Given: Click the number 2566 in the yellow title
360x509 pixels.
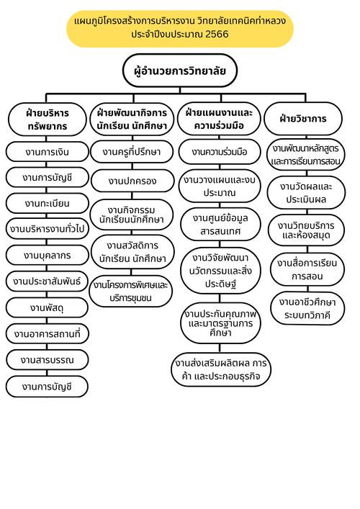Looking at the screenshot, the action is [x=217, y=34].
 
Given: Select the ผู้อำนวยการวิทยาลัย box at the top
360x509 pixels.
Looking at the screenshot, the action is [x=180, y=71].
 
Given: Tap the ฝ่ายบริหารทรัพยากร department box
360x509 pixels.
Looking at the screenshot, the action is [x=48, y=119].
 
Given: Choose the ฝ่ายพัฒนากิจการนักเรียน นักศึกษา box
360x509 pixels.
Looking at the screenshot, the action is [x=132, y=119].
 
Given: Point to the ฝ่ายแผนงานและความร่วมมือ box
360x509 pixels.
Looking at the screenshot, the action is [x=219, y=119].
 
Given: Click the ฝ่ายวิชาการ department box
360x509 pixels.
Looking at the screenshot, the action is [x=303, y=119].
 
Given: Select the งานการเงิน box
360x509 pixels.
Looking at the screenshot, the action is [x=47, y=152].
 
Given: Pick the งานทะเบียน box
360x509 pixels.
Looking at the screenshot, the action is [x=47, y=203].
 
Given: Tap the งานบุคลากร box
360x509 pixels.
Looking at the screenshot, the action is [x=47, y=255].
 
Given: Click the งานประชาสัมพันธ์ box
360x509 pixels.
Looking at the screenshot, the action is [x=47, y=281].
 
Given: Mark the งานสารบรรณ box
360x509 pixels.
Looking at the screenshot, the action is [x=47, y=360].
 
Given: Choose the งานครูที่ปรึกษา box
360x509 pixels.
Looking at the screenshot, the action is [x=132, y=152].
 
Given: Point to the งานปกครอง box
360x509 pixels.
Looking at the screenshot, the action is [x=132, y=181].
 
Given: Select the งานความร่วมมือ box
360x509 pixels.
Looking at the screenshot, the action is [x=220, y=152].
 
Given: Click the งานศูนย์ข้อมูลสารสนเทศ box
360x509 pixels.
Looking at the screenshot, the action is [x=220, y=225].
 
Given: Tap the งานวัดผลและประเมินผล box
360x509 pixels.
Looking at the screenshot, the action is [x=306, y=193].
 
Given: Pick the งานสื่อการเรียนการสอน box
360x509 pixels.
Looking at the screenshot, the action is [x=307, y=269].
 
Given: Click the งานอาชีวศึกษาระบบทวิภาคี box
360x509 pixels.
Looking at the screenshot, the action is [x=307, y=308].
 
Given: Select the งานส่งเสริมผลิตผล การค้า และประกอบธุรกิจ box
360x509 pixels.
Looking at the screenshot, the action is [x=221, y=369].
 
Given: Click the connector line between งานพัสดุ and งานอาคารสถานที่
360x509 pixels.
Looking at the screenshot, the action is [x=47, y=320].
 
